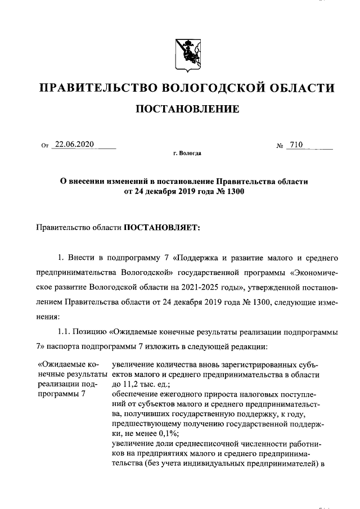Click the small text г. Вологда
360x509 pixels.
[187, 152]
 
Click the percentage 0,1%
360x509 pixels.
[167, 434]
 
